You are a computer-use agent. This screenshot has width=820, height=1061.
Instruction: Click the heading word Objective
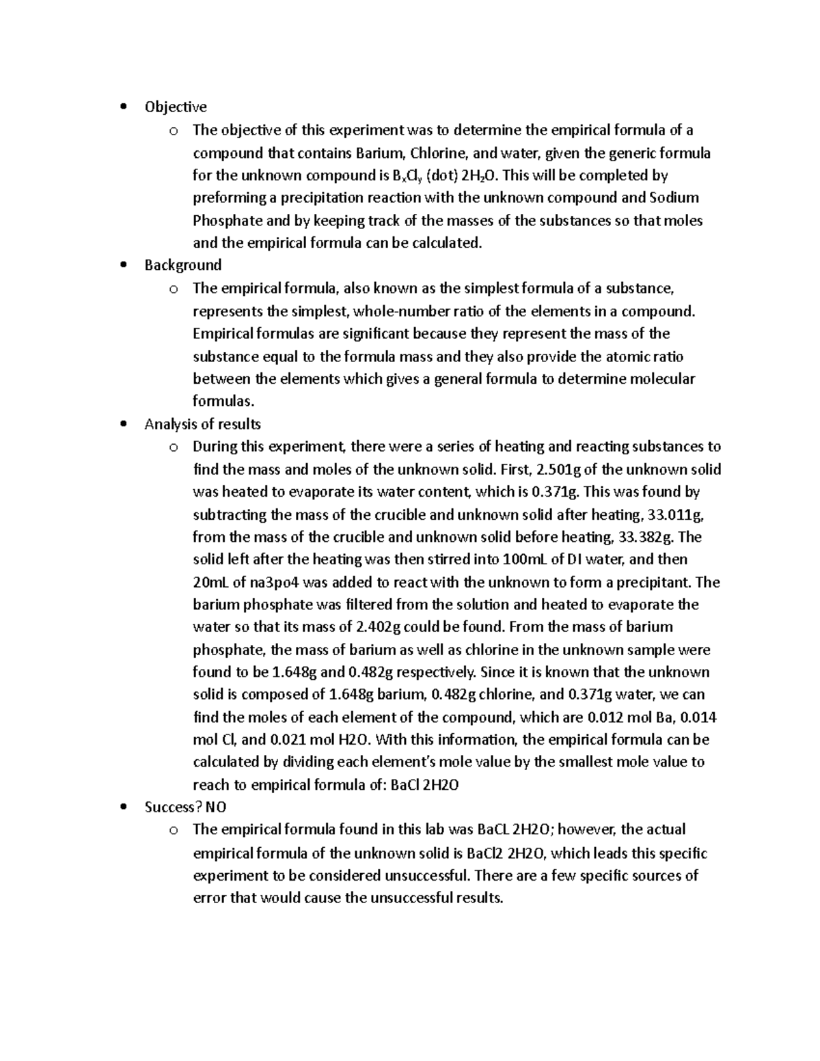[x=175, y=107]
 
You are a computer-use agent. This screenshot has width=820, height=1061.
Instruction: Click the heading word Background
[x=182, y=265]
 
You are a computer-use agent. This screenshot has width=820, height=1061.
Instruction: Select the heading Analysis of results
[x=202, y=424]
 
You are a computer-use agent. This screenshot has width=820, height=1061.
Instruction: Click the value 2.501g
[x=562, y=469]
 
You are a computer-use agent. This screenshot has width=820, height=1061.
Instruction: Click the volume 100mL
[x=525, y=560]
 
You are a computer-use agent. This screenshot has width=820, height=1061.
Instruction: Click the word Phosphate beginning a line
[x=228, y=221]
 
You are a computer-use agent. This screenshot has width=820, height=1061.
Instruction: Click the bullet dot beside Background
[x=123, y=265]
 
